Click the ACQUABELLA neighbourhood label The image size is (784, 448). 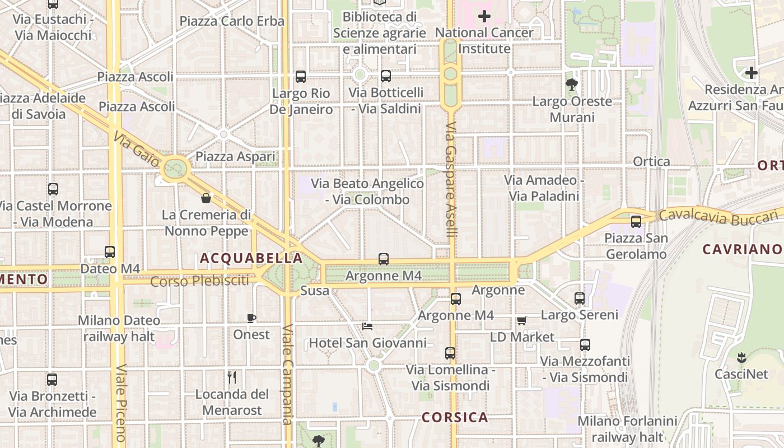pos(251,258)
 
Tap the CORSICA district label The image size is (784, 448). pos(455,417)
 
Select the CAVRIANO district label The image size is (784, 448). pos(741,249)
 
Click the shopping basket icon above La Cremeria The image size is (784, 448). pos(206,198)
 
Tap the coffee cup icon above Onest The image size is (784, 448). pos(251,318)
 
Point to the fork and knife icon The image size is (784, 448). pos(232,377)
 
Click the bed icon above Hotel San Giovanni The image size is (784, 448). pos(367,326)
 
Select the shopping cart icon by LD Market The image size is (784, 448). pos(521,320)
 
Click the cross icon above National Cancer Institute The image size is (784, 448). pos(484,16)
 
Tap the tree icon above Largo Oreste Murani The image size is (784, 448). pos(572,85)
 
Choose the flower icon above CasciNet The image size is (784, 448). pos(741,357)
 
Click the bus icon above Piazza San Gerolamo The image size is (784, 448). pos(636,221)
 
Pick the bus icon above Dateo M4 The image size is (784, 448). pos(110,252)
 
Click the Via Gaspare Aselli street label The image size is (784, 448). pos(451,179)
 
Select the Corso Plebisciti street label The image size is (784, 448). pos(199,281)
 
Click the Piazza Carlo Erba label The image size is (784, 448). pos(232,21)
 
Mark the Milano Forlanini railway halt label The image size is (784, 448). pos(627,428)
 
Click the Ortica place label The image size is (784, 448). pos(651,162)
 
